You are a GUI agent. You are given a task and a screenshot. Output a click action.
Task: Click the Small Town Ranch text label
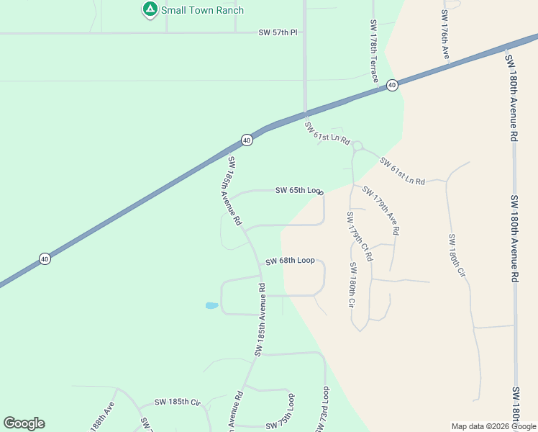click(202, 10)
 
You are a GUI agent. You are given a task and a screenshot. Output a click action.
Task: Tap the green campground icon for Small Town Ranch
click(150, 9)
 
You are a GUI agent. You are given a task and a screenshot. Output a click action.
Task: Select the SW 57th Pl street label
click(278, 33)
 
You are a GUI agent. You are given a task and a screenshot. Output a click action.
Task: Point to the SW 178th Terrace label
click(373, 50)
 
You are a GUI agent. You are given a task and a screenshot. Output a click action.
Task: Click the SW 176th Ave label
click(445, 35)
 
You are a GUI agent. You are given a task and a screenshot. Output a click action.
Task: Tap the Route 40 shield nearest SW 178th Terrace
click(391, 85)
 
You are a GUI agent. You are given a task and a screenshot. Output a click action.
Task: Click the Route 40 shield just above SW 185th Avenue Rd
click(247, 140)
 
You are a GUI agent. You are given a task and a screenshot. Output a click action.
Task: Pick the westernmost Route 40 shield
click(45, 258)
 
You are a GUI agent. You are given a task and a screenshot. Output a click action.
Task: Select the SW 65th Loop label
click(298, 191)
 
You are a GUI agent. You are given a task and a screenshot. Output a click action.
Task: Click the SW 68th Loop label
click(290, 261)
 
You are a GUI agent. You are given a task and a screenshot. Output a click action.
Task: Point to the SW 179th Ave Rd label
click(380, 211)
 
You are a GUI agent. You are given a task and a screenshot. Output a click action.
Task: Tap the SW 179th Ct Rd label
click(360, 235)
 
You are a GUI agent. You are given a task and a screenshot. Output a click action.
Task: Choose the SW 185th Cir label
click(176, 402)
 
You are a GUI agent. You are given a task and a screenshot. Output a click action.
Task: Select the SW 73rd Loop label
click(322, 410)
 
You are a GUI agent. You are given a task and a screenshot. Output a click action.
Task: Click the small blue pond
click(211, 305)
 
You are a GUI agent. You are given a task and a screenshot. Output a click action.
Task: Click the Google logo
click(24, 423)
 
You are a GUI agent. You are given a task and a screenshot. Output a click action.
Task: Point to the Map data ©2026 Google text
click(493, 426)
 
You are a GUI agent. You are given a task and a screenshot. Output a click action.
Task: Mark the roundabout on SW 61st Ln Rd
click(357, 145)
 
